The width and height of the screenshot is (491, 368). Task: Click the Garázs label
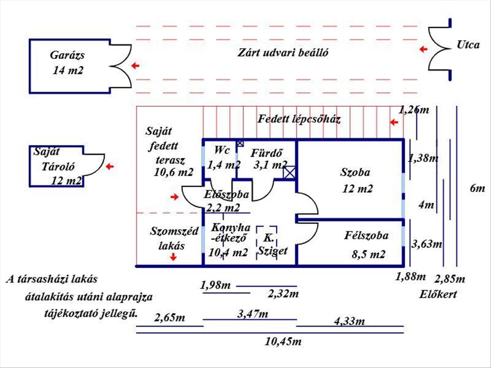tap(68, 55)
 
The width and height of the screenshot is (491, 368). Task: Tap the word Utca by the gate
tap(468, 45)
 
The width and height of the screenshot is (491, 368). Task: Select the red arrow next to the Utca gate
tap(423, 49)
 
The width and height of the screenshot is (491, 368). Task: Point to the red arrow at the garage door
tap(135, 65)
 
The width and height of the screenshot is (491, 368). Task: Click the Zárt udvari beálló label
tap(284, 53)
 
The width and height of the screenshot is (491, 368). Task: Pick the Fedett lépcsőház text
tap(299, 119)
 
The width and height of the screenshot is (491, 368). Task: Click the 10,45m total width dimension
tap(283, 341)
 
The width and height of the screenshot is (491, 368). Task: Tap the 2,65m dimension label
tap(169, 318)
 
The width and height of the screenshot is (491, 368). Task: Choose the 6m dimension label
tap(477, 188)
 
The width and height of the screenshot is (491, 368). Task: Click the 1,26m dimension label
tap(414, 110)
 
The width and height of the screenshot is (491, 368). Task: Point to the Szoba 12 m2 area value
tap(358, 189)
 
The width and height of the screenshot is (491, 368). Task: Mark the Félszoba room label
tap(366, 236)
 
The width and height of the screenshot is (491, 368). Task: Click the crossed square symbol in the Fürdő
tap(290, 173)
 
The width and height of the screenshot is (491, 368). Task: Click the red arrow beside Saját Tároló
tap(110, 166)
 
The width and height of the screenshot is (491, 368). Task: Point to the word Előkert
tap(438, 294)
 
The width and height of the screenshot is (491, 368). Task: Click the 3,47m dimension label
tap(253, 314)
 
